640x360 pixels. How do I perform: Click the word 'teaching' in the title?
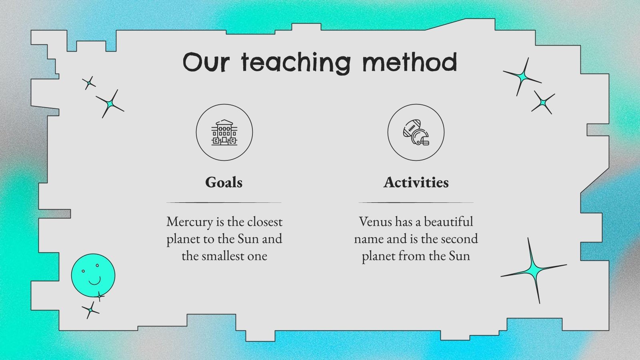(296, 63)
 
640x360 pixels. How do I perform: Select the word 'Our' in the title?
(206, 63)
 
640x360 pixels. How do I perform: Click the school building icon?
(224, 132)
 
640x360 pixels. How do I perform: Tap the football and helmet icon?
(416, 132)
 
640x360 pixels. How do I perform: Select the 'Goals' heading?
(224, 182)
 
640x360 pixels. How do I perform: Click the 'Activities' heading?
(416, 182)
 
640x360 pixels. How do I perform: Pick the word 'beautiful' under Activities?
(448, 222)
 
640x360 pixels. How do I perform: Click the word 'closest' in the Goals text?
(262, 222)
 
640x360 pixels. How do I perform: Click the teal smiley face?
(93, 275)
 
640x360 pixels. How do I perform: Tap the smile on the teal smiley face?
(94, 280)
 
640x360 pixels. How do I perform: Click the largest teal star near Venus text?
(533, 270)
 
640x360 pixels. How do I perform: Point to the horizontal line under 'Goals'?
(224, 203)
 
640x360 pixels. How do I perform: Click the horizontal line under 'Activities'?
(416, 203)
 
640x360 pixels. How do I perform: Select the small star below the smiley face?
(91, 310)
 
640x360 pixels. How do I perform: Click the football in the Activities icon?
(411, 128)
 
